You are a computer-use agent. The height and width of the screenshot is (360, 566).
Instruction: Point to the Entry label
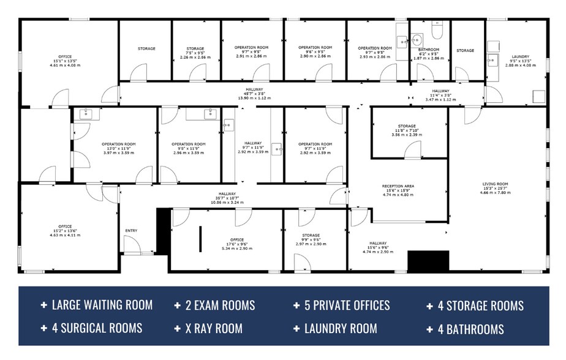coord(132,230)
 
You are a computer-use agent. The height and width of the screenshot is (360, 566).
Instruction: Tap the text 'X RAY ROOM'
coord(213,328)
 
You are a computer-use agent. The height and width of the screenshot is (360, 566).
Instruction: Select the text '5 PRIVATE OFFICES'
coord(347,305)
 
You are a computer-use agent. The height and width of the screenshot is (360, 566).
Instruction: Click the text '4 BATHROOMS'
coord(470,329)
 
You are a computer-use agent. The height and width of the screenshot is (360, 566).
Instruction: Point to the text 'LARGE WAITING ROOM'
coord(102,305)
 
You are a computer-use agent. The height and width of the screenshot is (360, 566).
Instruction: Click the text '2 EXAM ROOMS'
coord(220,305)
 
